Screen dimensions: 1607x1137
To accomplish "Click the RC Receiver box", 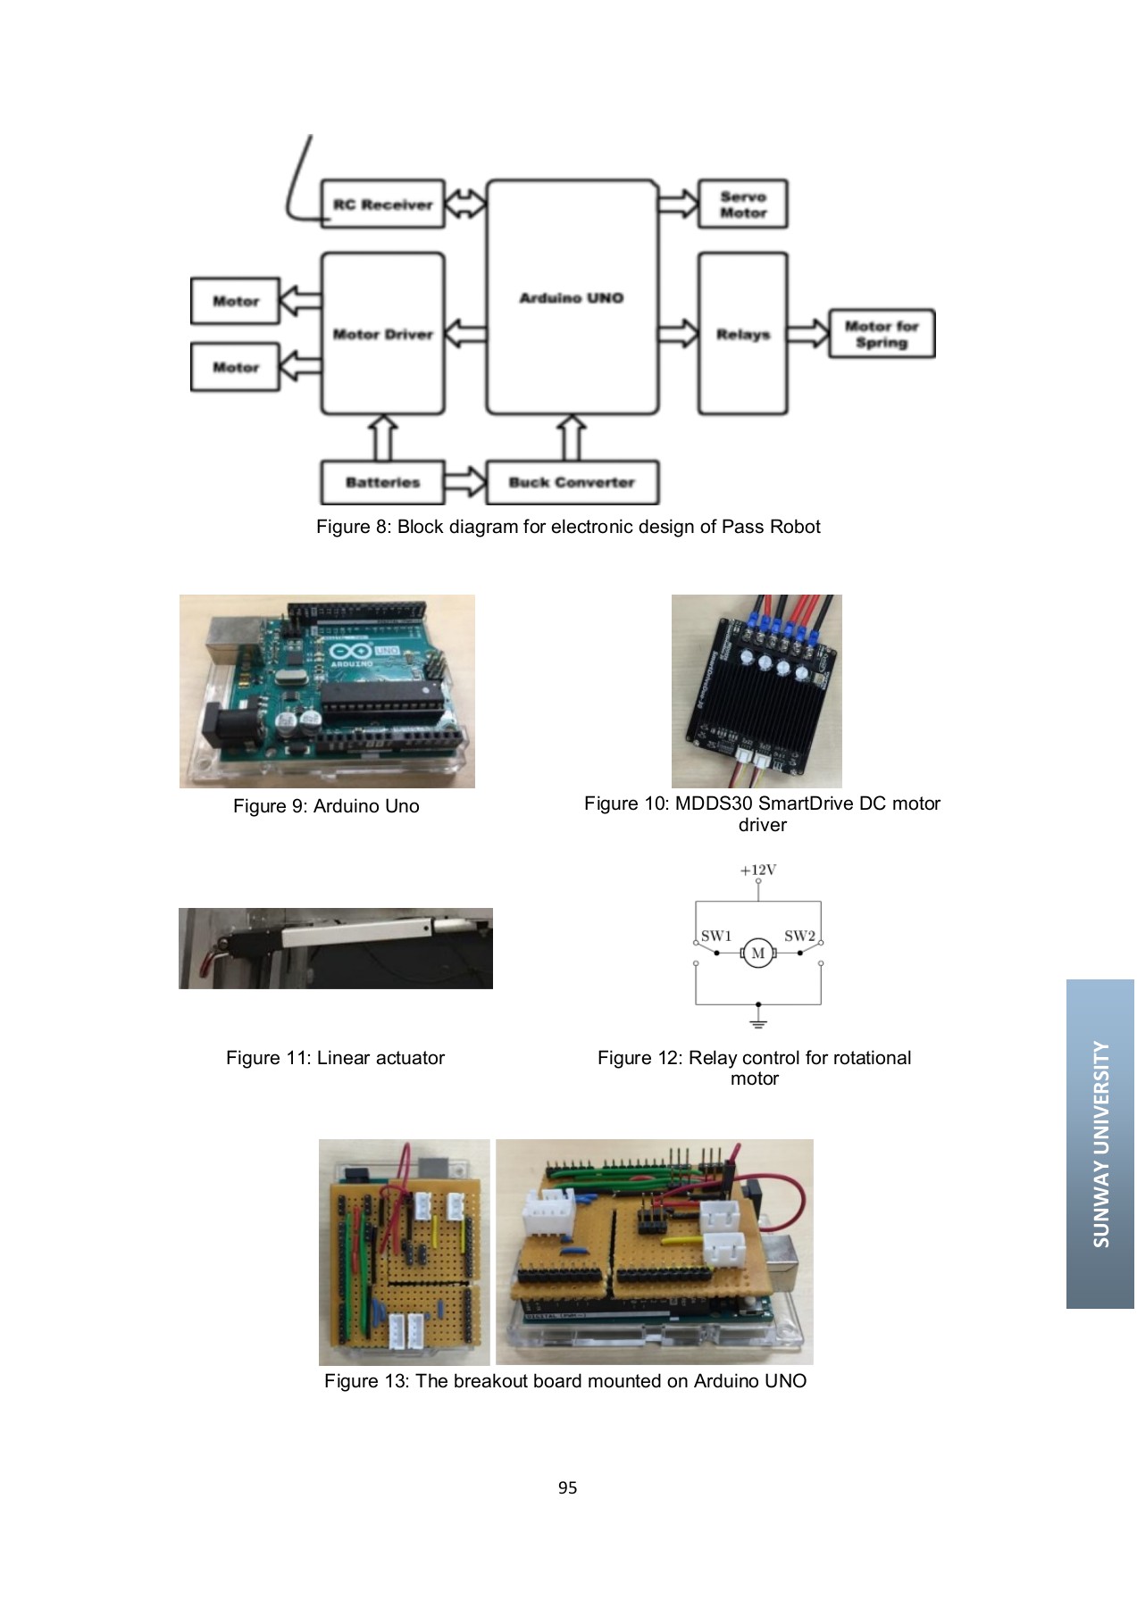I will tap(382, 204).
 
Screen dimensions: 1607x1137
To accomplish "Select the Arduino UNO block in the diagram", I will tap(572, 297).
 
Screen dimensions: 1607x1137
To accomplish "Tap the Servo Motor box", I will tap(742, 205).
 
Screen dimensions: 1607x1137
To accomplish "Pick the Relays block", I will tap(742, 334).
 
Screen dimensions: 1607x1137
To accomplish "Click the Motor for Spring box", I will tap(881, 334).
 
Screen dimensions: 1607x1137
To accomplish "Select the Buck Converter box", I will tap(572, 482).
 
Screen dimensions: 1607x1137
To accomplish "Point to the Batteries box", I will tap(382, 482).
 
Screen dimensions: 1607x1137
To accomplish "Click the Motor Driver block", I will tap(382, 334).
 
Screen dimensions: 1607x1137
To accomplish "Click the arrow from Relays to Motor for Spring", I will tap(809, 334).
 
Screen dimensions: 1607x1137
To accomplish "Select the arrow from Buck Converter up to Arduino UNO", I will tap(572, 438).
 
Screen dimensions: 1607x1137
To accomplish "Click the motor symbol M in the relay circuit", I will tap(757, 953).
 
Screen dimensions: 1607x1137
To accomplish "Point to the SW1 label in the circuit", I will tap(715, 936).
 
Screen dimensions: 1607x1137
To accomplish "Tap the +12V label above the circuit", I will tap(757, 870).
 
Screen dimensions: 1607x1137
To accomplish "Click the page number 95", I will tap(567, 1487).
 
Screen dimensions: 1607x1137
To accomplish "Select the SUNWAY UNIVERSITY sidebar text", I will tap(1100, 1144).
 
